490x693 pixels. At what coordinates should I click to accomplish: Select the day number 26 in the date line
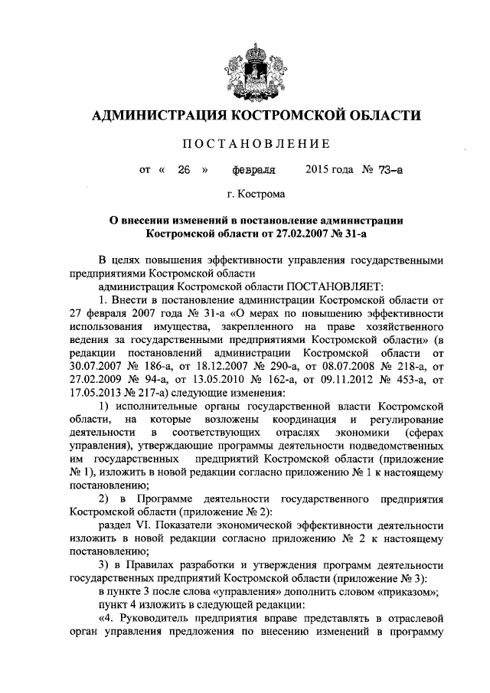(x=182, y=170)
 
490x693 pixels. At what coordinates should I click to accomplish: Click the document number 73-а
(x=387, y=170)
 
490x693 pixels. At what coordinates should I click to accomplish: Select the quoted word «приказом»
(x=395, y=592)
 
